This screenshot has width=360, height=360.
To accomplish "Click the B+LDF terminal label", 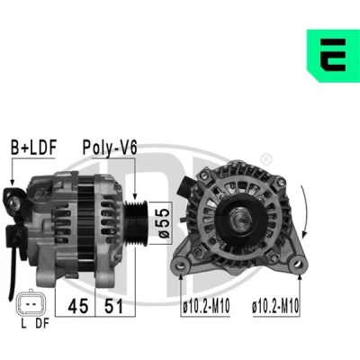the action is (x=33, y=148).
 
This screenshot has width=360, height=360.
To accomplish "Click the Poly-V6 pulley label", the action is (x=110, y=148).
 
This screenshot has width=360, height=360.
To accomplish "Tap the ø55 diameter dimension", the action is (x=164, y=223).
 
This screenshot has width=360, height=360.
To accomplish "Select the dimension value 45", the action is (x=78, y=306).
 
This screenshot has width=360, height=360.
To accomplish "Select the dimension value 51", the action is (x=113, y=306).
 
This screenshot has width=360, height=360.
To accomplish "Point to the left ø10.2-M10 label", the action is (x=206, y=306).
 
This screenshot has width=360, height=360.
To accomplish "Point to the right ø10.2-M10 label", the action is (x=275, y=306).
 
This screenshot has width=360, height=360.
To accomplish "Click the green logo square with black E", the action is (x=333, y=56).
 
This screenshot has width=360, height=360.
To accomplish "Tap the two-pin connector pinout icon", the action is (x=31, y=303).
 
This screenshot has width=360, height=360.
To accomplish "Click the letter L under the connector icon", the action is (x=23, y=323).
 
